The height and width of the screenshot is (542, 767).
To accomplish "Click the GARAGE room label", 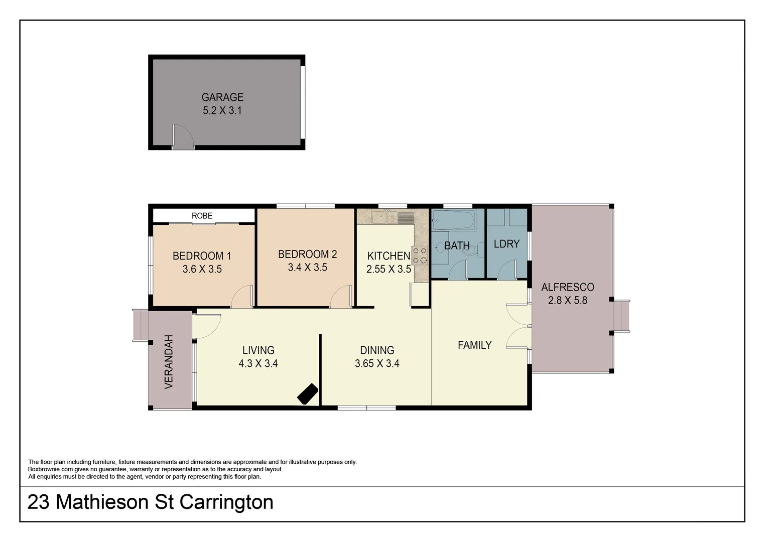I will (222, 97).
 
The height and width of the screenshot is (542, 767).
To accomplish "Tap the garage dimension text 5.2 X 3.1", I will (222, 110).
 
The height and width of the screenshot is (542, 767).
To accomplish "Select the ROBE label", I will (202, 216).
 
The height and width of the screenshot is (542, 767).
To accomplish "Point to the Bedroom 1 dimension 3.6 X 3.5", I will (202, 269).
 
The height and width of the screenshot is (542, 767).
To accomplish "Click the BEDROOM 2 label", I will (307, 254).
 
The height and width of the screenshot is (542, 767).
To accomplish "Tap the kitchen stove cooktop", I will (420, 255).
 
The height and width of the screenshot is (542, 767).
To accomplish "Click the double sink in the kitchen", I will (385, 217).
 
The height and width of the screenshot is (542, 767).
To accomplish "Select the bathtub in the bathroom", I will (453, 220).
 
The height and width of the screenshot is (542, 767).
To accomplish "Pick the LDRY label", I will (506, 244).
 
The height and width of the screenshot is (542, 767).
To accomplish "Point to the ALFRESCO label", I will (567, 288).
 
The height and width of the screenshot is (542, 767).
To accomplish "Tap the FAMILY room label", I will (474, 345).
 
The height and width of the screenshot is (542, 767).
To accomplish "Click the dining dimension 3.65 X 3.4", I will (377, 363).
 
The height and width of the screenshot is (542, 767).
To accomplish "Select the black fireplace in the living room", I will (307, 393).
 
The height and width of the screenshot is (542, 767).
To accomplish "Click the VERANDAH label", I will (169, 361).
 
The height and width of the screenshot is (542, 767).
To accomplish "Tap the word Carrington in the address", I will (226, 502).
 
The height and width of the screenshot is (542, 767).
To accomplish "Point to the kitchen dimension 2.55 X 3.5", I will (389, 269).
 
